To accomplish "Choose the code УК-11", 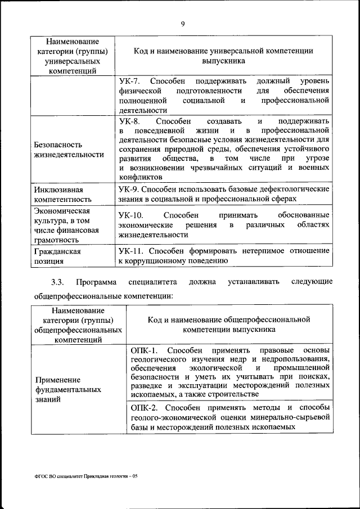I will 132,250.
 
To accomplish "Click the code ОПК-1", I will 145,350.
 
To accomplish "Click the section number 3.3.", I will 58,281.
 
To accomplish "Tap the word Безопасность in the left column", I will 58,145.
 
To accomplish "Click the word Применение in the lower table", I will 57,379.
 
